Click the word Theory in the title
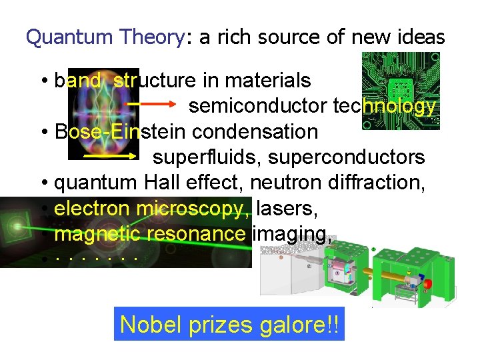(152, 37)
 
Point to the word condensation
(255, 131)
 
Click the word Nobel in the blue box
(147, 325)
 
